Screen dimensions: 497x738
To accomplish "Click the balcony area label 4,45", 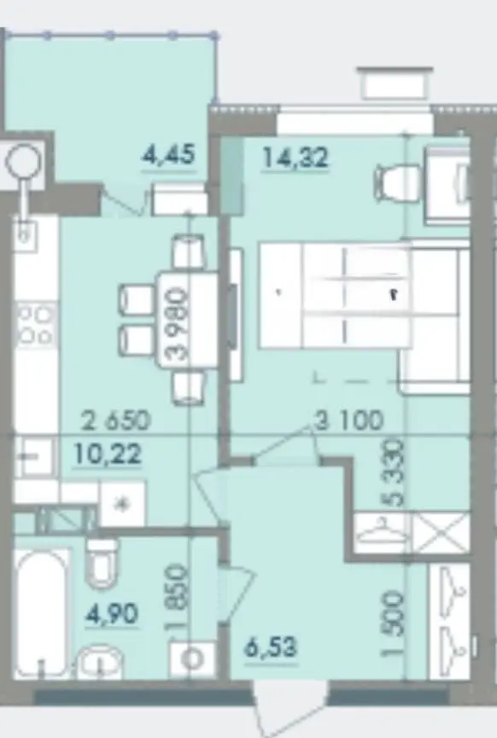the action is click(x=168, y=155).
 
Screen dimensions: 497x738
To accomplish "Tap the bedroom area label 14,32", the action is click(x=295, y=157).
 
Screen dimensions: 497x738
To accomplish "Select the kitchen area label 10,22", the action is click(x=108, y=455).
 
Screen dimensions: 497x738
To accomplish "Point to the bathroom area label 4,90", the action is click(x=111, y=614).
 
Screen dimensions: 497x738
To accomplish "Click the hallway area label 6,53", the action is click(x=271, y=647).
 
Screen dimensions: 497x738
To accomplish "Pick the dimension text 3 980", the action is click(x=178, y=325).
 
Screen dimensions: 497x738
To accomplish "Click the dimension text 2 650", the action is click(x=115, y=420).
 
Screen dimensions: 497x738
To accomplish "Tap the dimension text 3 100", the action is click(x=349, y=420).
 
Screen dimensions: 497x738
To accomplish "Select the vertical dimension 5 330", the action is click(x=394, y=473).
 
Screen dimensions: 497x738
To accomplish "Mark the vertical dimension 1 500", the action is click(x=394, y=624).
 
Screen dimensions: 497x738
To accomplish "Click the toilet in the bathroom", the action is click(x=103, y=563).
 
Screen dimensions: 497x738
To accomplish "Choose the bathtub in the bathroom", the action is click(x=43, y=611).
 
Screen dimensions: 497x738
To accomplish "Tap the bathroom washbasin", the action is click(x=100, y=661).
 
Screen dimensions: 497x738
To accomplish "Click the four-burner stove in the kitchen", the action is click(x=36, y=325).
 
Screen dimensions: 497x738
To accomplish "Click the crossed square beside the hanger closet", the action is click(x=441, y=533).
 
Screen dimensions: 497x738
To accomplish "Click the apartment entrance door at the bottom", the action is click(x=290, y=707).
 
